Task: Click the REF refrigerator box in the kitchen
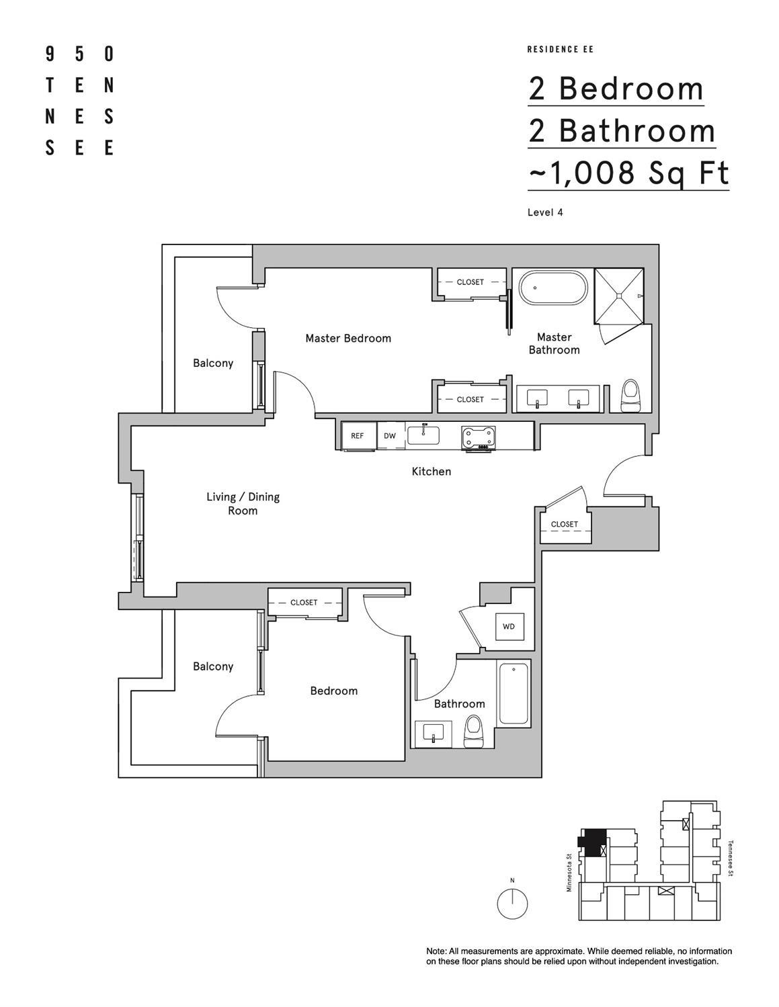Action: (x=358, y=436)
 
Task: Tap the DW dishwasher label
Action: (x=390, y=436)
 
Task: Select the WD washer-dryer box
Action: (x=509, y=627)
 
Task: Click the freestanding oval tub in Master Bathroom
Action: (x=554, y=288)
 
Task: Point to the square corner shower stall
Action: (x=618, y=295)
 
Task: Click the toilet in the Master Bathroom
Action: (x=631, y=396)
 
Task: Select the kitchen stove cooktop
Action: (x=478, y=437)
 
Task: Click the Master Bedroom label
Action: (x=347, y=338)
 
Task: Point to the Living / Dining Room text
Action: (x=243, y=503)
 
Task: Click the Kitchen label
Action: (x=431, y=472)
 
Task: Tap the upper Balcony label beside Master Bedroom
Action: (x=213, y=363)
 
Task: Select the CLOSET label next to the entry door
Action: (x=564, y=524)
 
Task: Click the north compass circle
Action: (x=512, y=904)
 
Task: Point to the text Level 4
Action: (x=545, y=212)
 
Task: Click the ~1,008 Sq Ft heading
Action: (x=628, y=173)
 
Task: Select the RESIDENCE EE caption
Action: (x=560, y=49)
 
